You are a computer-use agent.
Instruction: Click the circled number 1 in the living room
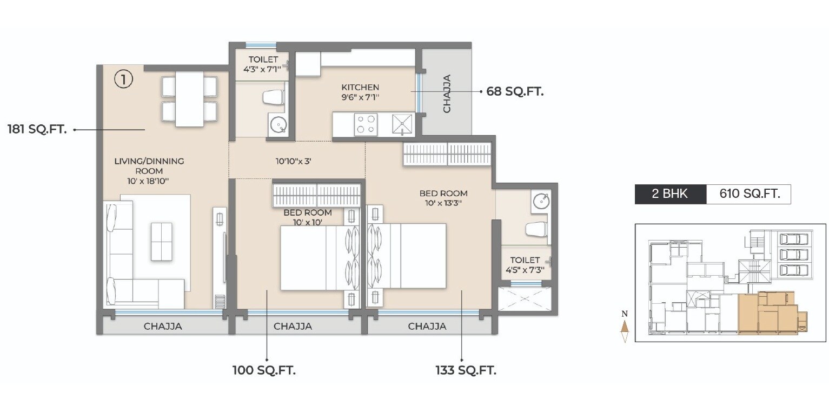(x=123, y=80)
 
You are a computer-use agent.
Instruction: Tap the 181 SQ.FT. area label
(x=37, y=130)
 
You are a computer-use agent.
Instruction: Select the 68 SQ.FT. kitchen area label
(x=515, y=92)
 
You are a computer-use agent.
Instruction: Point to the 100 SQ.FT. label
(x=264, y=371)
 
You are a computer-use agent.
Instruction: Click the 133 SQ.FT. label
(x=466, y=371)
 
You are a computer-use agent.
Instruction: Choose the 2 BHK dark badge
(x=670, y=194)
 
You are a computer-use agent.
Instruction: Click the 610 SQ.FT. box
(x=748, y=194)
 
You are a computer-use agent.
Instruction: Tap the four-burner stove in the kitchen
(x=366, y=124)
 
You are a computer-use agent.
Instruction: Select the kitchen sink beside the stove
(x=402, y=124)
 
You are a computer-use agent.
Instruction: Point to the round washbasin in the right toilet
(x=541, y=201)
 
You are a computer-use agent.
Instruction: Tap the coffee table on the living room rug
(x=161, y=241)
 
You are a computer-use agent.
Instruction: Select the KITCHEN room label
(x=360, y=88)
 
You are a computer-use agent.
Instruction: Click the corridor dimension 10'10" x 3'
(x=294, y=161)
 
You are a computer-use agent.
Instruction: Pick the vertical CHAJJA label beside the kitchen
(x=447, y=94)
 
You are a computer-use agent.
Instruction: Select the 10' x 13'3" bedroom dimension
(x=443, y=204)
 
